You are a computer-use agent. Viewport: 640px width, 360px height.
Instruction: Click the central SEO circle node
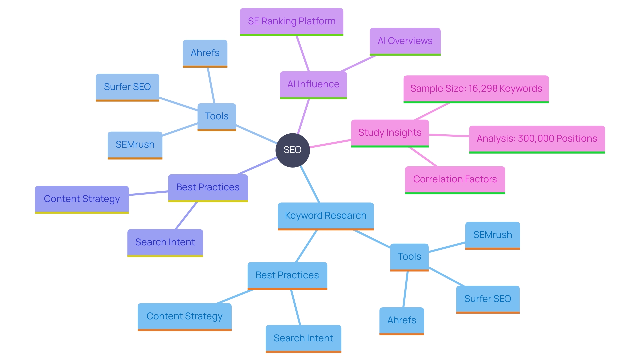[293, 150]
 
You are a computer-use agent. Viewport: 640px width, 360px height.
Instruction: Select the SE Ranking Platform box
[291, 21]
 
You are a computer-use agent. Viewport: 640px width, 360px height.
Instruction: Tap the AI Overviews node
[405, 41]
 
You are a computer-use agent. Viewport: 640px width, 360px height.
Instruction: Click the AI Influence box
[313, 84]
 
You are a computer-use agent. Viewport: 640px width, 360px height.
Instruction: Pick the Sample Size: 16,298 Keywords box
[476, 89]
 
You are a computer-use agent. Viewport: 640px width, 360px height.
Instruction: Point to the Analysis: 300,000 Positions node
[537, 139]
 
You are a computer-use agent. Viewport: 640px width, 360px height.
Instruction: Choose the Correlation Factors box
[455, 179]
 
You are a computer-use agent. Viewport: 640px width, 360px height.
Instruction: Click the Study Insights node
[390, 133]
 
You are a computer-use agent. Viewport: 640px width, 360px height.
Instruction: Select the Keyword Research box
[325, 216]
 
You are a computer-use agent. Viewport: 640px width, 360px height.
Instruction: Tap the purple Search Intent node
[165, 242]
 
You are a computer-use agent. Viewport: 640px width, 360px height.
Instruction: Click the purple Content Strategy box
[82, 199]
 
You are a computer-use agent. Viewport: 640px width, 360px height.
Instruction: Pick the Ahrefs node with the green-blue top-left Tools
[205, 53]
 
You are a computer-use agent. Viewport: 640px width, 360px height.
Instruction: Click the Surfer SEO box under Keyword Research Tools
[487, 299]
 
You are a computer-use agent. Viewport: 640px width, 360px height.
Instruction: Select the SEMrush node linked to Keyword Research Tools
[492, 235]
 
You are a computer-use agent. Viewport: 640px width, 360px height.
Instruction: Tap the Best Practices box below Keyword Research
[287, 275]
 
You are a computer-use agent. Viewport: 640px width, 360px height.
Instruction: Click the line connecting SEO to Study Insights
[330, 144]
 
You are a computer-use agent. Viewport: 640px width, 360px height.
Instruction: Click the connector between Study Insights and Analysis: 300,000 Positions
[449, 135]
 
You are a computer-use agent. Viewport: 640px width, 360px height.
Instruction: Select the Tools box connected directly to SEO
[217, 116]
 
